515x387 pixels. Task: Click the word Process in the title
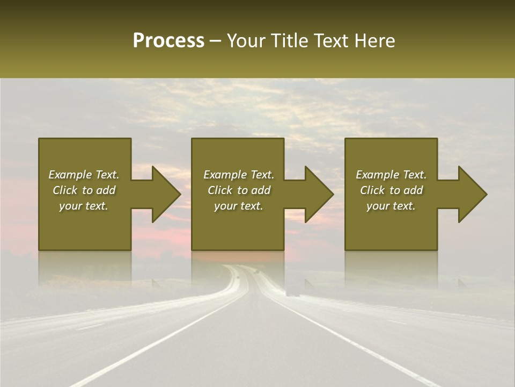click(168, 41)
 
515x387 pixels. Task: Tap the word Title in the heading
click(291, 41)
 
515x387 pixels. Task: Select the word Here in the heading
click(374, 41)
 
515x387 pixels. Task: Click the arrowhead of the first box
click(164, 194)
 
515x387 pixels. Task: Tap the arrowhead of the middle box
click(317, 194)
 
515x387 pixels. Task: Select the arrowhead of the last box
click(470, 194)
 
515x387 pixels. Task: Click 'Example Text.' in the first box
click(84, 175)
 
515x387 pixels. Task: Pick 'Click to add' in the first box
click(84, 190)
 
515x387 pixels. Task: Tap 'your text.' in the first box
click(84, 206)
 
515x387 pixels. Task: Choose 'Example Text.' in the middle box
click(239, 175)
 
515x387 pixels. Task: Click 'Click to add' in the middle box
click(239, 190)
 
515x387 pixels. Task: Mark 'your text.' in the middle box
click(239, 206)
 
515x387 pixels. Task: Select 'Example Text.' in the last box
click(391, 175)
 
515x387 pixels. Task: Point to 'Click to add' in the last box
click(391, 190)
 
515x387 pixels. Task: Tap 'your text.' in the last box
click(391, 206)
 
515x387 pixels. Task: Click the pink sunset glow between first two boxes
click(161, 236)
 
